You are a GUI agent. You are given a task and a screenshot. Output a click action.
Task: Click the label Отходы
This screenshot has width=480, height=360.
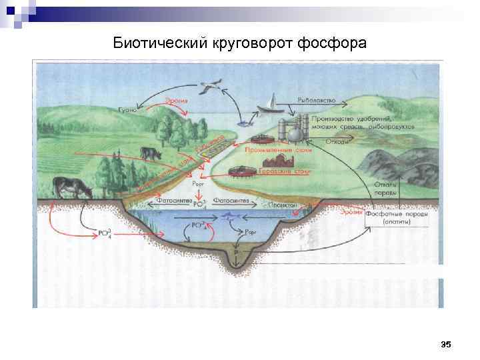[x=337, y=141]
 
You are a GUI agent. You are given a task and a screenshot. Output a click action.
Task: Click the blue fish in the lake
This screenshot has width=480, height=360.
[x=230, y=216]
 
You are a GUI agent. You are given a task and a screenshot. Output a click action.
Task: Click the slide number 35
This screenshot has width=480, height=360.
[x=446, y=344]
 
